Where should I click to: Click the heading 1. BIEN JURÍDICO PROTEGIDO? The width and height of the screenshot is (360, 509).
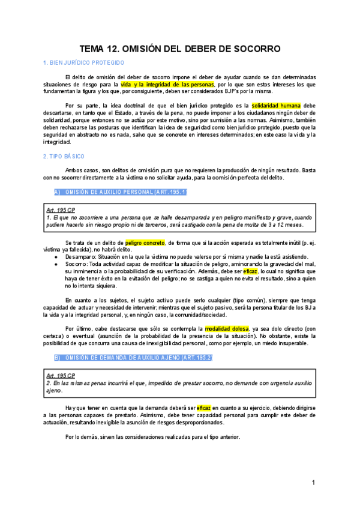coord(84,62)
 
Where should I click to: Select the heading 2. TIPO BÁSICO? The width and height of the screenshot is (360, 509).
coord(64,156)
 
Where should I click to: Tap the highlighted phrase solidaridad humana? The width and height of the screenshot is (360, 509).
coord(276,106)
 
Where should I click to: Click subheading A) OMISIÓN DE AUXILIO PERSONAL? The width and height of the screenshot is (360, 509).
coord(121,192)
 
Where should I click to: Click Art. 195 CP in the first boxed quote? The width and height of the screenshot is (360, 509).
coord(61,210)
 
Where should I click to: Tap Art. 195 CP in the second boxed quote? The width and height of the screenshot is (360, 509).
coord(61,375)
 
